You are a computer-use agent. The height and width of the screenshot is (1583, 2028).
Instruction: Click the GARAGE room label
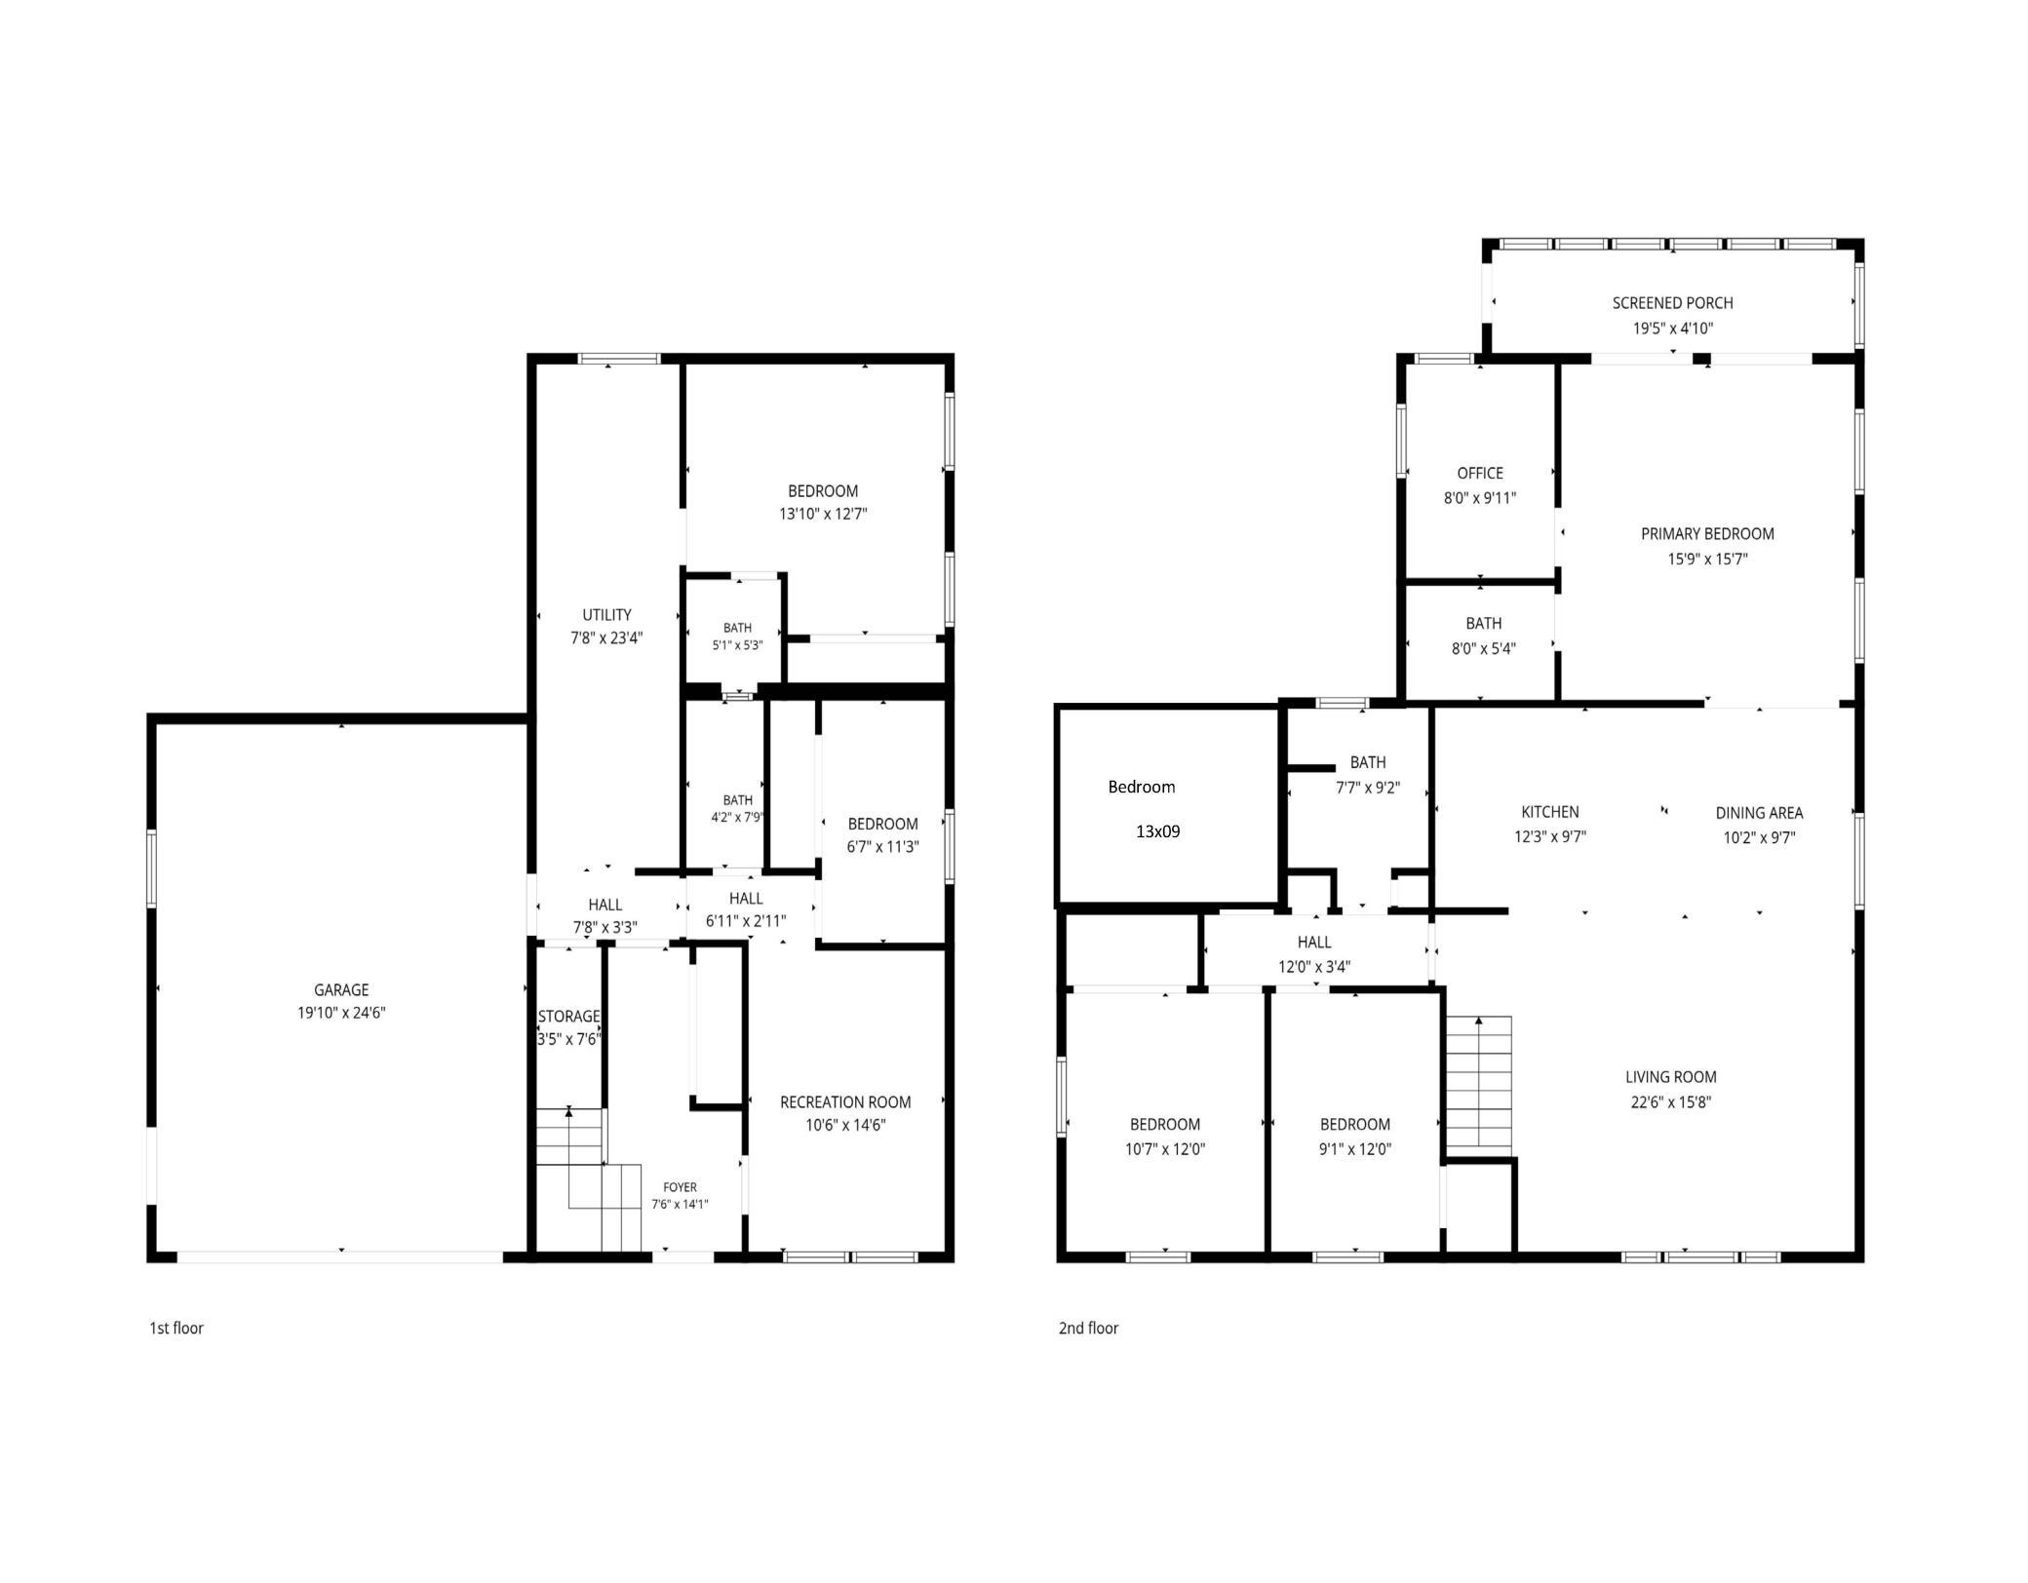341,989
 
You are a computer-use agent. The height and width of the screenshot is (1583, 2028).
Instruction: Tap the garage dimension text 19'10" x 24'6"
341,1013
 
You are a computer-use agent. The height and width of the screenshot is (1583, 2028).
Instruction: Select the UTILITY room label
606,615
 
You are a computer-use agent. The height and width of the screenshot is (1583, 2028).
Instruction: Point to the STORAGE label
568,1017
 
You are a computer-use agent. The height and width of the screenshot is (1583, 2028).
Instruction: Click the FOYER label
680,1187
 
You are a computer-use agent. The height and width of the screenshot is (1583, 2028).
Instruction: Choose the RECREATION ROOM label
845,1102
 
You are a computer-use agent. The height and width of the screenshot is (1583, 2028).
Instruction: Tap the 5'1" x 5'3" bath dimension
737,645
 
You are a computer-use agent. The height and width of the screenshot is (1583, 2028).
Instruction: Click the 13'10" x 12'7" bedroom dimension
823,514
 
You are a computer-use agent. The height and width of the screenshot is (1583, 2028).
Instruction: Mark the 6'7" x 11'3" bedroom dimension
882,847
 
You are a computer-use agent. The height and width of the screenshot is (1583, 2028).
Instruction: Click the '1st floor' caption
176,1328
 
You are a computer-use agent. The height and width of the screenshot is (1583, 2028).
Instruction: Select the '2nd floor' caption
1088,1328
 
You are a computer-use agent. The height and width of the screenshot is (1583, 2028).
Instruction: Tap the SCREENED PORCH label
1673,303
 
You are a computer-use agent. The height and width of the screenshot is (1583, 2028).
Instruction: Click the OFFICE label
1480,474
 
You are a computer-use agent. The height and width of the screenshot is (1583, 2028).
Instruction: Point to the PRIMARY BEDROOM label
1707,534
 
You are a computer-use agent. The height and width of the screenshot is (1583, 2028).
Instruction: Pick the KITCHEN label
1550,812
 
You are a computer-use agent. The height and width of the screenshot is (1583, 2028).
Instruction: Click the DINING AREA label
1759,813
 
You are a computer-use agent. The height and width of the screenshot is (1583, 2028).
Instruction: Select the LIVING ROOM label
1671,1077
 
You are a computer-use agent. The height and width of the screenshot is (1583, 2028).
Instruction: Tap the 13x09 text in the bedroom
1158,831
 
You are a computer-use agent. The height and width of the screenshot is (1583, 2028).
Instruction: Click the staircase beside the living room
1479,1082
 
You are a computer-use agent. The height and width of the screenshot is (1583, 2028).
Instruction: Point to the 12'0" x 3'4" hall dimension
1314,967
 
